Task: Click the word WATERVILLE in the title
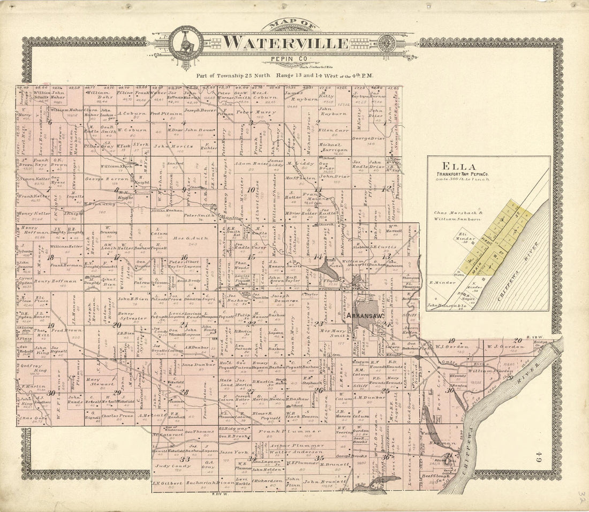pos(285,42)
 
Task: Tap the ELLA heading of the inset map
pos(451,166)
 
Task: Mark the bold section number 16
pos(184,258)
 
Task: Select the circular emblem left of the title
pos(185,44)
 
